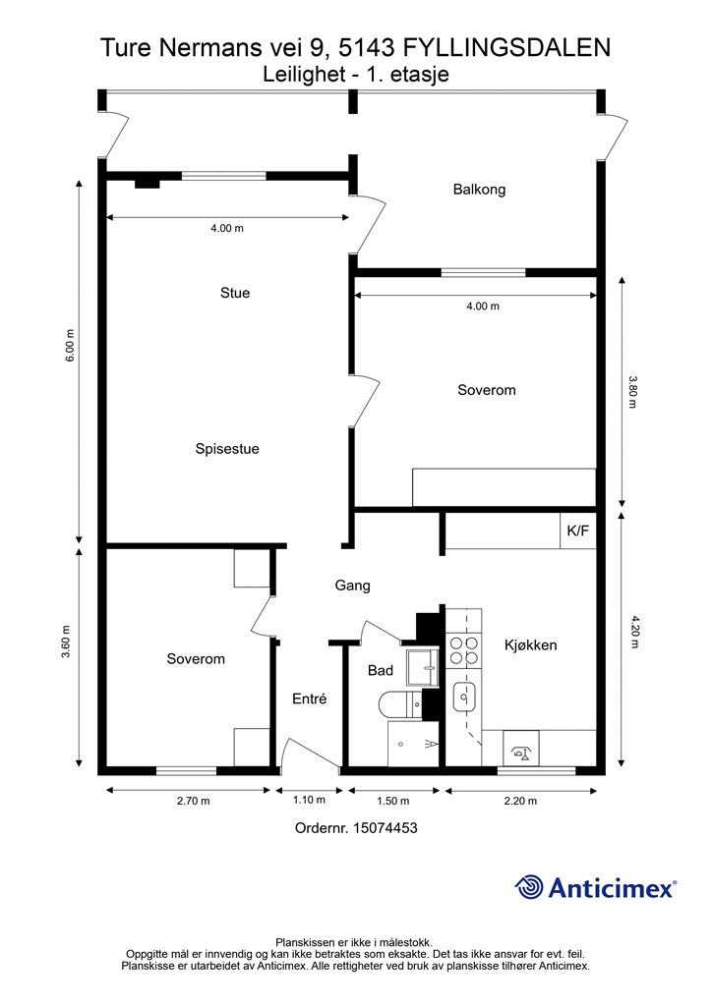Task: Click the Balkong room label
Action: [479, 190]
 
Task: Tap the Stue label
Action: [235, 293]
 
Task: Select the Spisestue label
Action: [227, 449]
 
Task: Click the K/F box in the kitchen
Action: [577, 531]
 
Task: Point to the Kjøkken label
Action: [531, 645]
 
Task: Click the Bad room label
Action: [381, 671]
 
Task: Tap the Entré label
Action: [309, 699]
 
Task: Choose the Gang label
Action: [352, 586]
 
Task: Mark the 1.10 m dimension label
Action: [308, 801]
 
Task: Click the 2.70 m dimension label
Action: [193, 801]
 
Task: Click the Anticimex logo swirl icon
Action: [529, 887]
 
